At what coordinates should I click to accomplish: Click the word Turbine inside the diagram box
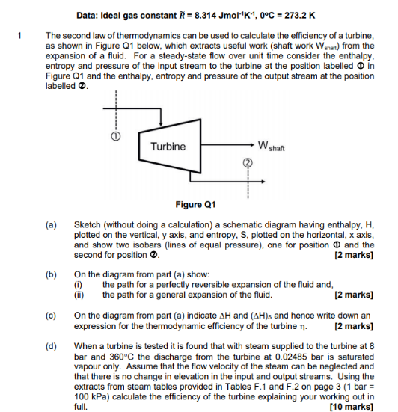point(168,146)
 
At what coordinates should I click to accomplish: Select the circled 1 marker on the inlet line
point(114,138)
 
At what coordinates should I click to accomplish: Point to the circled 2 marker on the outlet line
point(245,163)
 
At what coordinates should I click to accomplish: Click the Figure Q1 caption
point(195,204)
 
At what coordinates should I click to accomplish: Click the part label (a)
point(51,224)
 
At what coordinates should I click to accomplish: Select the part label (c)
point(51,316)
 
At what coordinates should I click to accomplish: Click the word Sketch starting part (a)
point(88,224)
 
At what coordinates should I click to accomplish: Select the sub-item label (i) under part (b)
point(76,284)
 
